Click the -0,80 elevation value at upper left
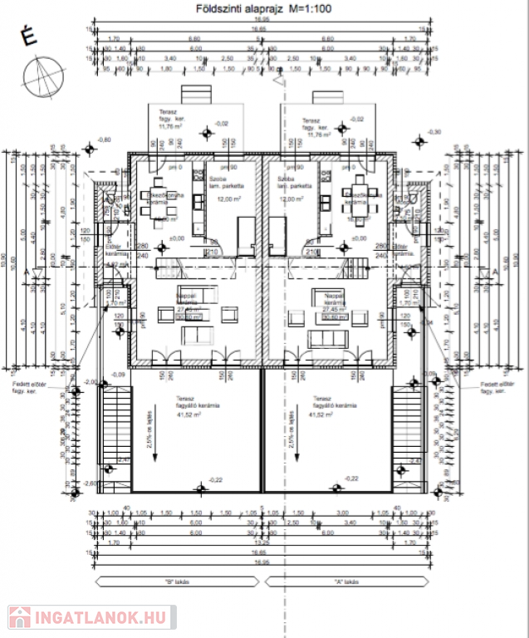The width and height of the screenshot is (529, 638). [103, 139]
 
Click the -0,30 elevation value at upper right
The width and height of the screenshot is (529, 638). [433, 131]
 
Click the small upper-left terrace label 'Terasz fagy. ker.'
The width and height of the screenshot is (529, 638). [166, 120]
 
